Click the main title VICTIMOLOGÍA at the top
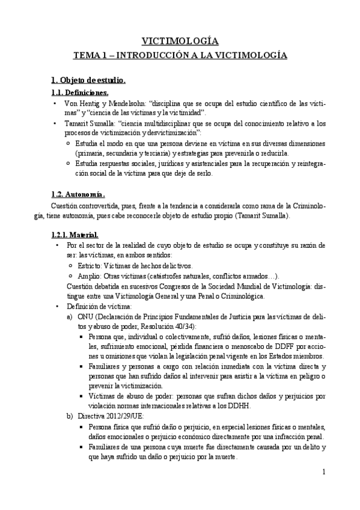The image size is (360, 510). [x=180, y=41]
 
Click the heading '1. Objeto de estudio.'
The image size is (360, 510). [x=88, y=80]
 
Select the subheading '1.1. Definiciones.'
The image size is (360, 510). [x=79, y=93]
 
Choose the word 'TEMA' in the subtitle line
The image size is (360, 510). [x=86, y=55]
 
